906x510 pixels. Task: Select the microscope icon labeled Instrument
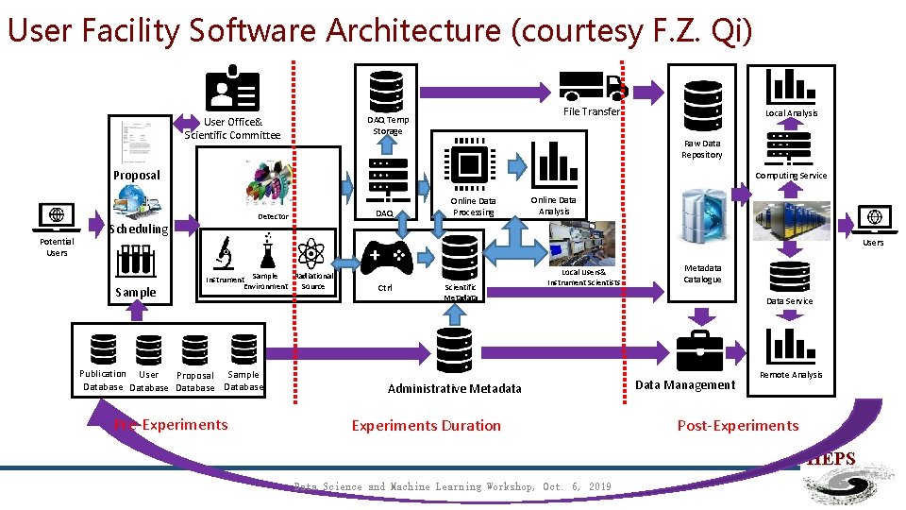point(224,253)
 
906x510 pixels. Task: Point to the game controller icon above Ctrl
point(386,256)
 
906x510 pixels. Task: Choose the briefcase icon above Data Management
point(699,351)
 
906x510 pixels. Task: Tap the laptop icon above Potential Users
point(57,218)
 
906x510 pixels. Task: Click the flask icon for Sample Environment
point(266,251)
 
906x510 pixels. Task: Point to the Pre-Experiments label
point(171,424)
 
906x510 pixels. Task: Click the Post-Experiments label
point(738,425)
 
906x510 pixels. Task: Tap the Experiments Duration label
point(426,425)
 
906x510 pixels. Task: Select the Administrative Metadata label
point(454,388)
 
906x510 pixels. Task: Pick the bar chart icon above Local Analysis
point(791,86)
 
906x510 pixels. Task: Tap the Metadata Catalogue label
point(702,273)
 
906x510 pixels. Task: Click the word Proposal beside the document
point(137,175)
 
